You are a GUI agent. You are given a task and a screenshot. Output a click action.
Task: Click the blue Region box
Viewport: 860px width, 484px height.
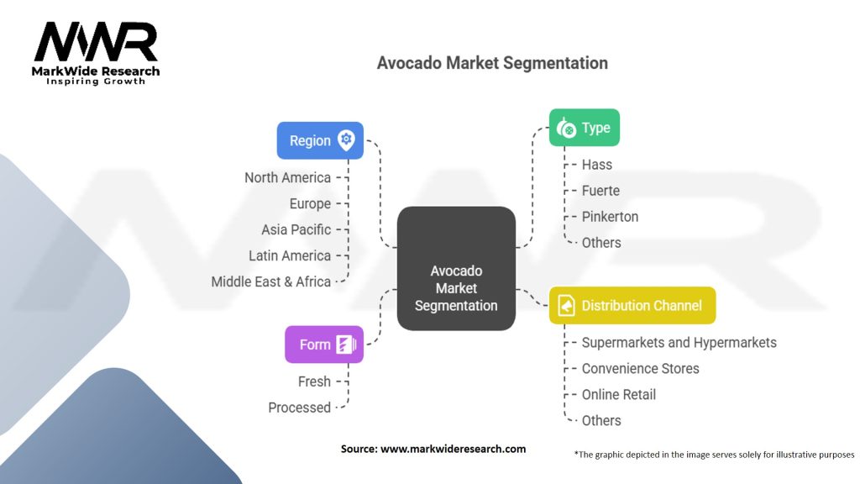(320, 140)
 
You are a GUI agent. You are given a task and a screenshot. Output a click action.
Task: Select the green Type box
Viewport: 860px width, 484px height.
(585, 128)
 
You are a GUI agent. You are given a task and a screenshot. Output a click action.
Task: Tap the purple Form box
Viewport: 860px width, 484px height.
(324, 344)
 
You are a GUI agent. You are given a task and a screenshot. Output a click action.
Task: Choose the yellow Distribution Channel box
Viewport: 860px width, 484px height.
(632, 305)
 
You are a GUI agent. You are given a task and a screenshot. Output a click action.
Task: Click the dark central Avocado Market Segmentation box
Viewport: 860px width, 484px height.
(456, 268)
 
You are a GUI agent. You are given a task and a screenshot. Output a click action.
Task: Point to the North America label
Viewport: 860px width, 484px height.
(288, 178)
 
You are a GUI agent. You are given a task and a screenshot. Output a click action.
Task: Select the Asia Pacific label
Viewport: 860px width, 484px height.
(296, 229)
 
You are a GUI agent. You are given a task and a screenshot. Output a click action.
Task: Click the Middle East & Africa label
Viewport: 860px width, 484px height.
(271, 281)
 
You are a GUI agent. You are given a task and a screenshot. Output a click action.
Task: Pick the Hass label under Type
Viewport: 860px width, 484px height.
(597, 165)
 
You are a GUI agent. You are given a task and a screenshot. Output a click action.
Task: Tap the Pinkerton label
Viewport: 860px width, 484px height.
(610, 217)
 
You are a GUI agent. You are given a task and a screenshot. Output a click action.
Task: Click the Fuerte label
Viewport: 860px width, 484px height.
(600, 191)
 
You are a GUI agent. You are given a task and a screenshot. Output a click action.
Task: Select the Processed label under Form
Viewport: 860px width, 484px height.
(300, 408)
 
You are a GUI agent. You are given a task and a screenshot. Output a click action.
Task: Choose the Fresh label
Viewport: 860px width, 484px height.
(314, 381)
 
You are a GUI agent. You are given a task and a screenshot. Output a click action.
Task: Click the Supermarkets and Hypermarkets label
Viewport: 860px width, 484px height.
(679, 343)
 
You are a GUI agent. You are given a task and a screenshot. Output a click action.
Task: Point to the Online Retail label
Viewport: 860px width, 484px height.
(619, 395)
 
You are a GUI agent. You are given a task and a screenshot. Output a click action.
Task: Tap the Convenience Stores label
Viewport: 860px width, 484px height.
(640, 368)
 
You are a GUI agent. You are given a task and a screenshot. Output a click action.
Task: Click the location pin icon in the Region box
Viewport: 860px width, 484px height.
(346, 140)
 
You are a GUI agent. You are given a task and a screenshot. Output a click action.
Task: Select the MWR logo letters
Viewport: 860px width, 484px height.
(96, 42)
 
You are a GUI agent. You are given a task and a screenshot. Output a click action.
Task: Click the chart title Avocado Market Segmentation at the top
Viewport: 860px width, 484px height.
(492, 63)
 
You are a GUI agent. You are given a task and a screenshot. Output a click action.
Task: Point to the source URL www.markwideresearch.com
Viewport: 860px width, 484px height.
(453, 449)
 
